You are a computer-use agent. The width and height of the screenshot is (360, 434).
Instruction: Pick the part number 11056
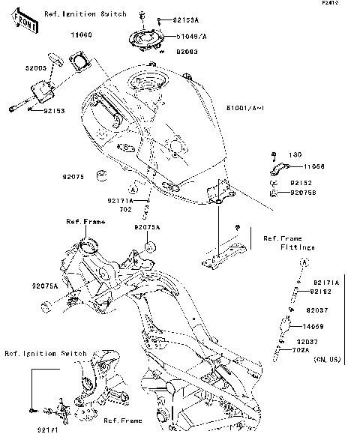pos(314,166)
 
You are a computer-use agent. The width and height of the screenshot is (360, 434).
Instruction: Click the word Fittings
pos(298,247)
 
